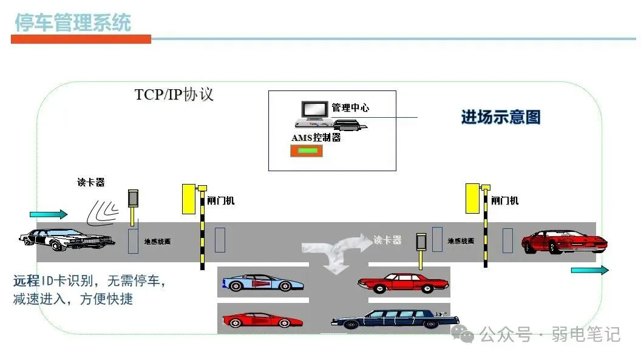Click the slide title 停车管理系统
click(x=73, y=22)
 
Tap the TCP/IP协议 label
click(x=174, y=95)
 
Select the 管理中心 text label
click(x=350, y=108)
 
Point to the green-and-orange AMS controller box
click(x=307, y=151)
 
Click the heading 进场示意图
click(x=500, y=117)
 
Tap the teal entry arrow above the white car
click(x=49, y=214)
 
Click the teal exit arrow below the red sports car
click(x=589, y=270)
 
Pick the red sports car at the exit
click(x=564, y=241)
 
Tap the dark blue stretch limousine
click(x=395, y=319)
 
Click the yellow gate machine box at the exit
click(x=473, y=199)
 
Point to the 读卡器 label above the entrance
click(x=90, y=182)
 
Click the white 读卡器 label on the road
click(x=387, y=240)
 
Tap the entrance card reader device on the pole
click(x=133, y=199)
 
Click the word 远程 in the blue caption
click(x=27, y=281)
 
